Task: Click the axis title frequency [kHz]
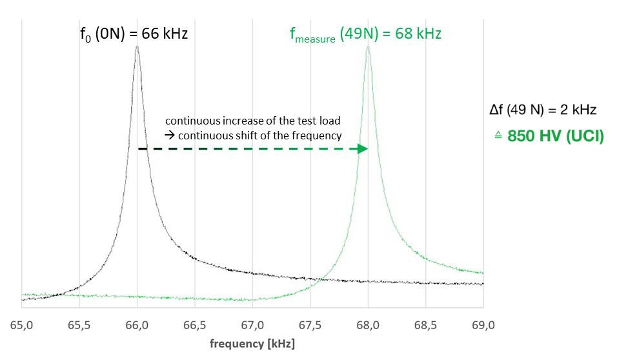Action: tap(252, 343)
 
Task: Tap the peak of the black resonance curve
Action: tap(137, 47)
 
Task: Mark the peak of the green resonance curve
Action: tap(368, 47)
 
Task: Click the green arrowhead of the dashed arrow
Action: tap(363, 149)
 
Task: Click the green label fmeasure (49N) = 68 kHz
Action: tap(365, 34)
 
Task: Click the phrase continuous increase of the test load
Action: tap(253, 121)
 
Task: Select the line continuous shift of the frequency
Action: tap(254, 135)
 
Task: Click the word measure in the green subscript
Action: tap(316, 39)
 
